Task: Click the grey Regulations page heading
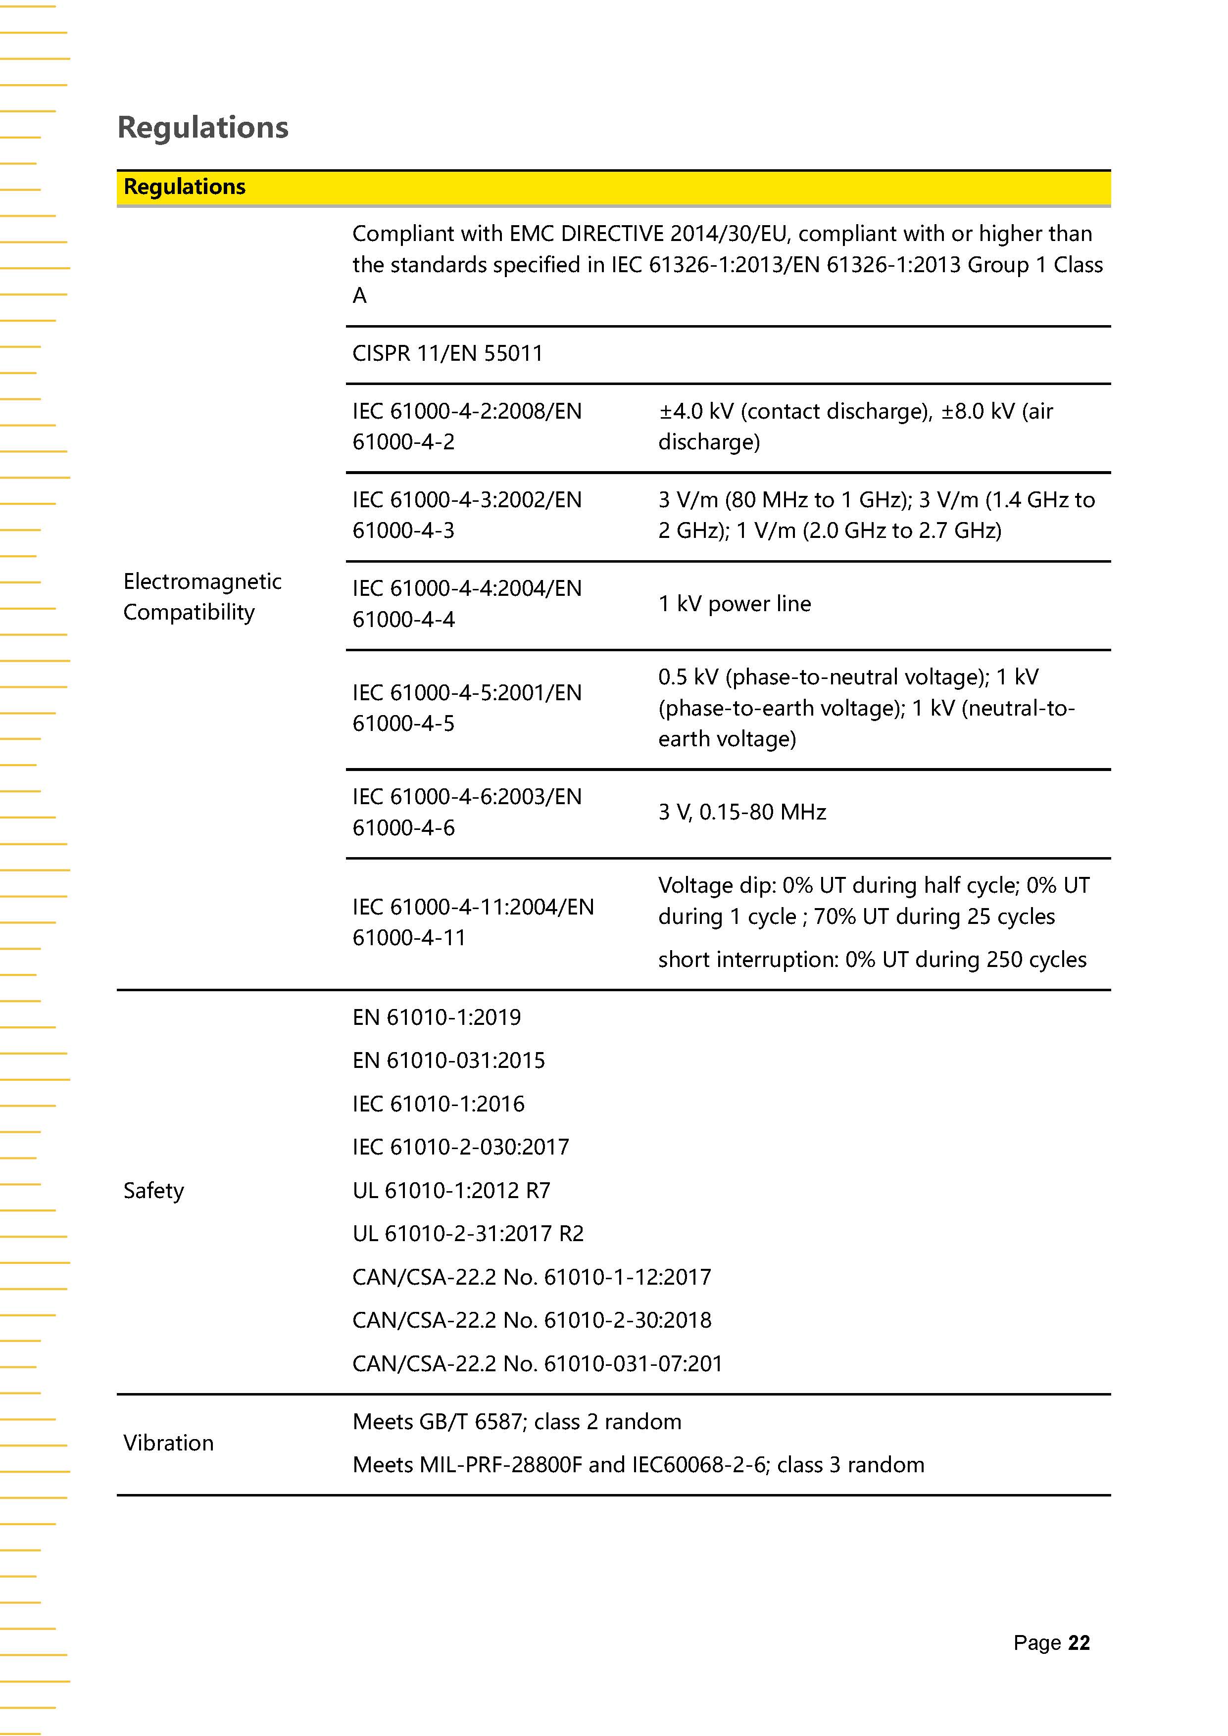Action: (202, 127)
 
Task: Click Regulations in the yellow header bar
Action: (185, 187)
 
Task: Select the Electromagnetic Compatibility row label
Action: (202, 596)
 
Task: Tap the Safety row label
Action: (153, 1191)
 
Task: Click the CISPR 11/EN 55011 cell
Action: (447, 354)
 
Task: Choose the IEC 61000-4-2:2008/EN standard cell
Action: (467, 427)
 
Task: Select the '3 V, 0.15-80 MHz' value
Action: (742, 812)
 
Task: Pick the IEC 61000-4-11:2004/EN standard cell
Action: (473, 921)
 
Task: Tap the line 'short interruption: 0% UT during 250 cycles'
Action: (872, 960)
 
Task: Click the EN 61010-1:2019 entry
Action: (436, 1018)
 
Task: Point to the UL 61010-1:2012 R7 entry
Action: (451, 1191)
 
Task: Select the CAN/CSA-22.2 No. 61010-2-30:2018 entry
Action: (532, 1320)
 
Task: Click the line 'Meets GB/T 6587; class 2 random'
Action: (516, 1421)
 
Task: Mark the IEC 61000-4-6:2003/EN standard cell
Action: (467, 812)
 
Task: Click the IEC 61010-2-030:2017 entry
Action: (460, 1147)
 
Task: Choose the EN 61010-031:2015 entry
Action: (448, 1061)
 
